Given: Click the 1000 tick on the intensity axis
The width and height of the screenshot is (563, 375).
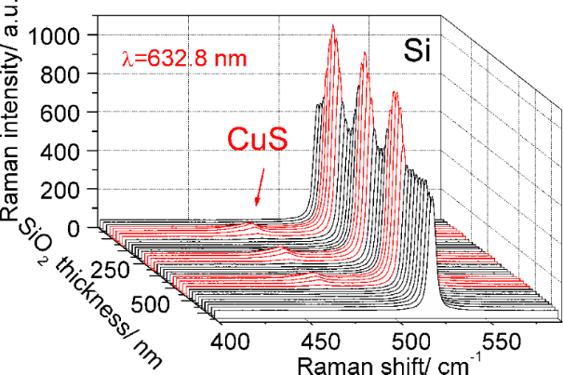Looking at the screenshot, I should [x=61, y=35].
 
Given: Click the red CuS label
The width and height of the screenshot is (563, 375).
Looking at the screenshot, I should [x=258, y=141].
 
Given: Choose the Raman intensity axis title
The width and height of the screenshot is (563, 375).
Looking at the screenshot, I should [x=17, y=112].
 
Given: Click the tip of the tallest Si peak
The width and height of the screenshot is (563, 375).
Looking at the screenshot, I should [x=333, y=27].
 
